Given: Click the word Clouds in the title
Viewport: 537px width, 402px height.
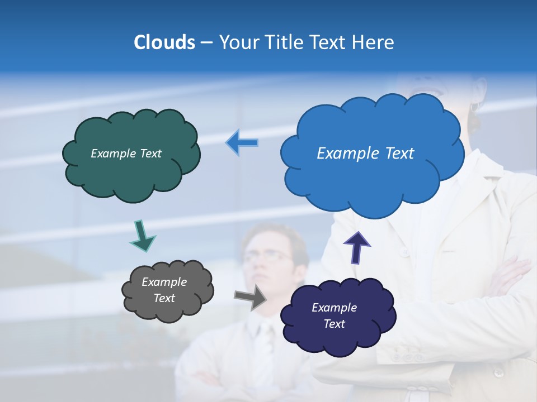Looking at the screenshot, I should (x=164, y=42).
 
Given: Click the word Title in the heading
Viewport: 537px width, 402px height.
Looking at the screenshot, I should (x=284, y=42).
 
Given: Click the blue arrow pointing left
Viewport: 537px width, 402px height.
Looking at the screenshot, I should (x=242, y=143).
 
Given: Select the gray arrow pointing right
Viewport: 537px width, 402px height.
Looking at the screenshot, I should (x=251, y=297).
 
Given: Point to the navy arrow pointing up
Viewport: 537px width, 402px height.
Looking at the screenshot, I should (x=357, y=247).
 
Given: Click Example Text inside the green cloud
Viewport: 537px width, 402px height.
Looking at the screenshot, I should (x=126, y=154).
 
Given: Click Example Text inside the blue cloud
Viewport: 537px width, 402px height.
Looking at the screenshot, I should (x=365, y=154).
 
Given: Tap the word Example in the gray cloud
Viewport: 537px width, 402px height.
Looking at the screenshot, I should (x=164, y=282).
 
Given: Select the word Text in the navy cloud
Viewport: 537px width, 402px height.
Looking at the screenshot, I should (x=334, y=324).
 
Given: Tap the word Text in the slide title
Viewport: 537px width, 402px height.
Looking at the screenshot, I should (x=329, y=42).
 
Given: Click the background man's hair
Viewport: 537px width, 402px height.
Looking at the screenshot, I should (x=274, y=234).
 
